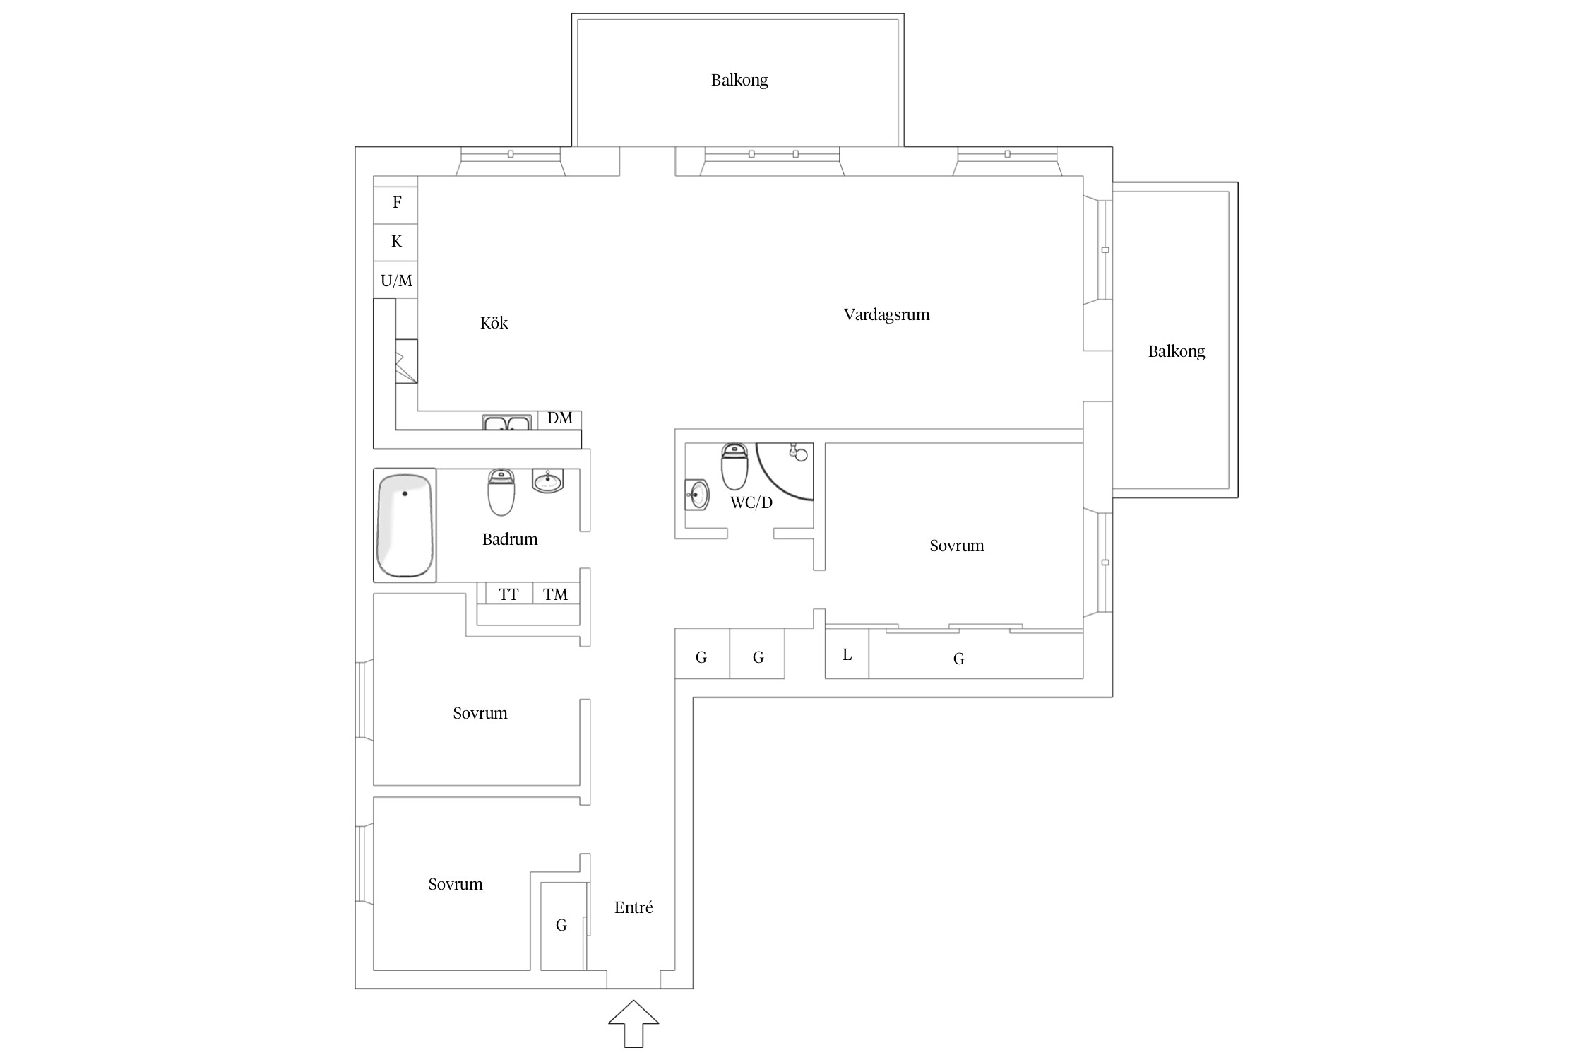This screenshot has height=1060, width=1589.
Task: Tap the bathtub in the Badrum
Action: (x=405, y=526)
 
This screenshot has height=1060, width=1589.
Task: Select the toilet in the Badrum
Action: (x=501, y=493)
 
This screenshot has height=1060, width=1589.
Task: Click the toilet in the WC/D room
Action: (x=734, y=466)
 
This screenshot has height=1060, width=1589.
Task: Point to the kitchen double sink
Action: (x=506, y=423)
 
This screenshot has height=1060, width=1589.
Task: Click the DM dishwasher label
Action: (x=560, y=418)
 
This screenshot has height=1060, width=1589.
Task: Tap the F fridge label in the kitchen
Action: (x=397, y=202)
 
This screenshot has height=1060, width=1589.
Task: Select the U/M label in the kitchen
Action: (x=396, y=281)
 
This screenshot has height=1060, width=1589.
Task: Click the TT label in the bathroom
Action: (x=508, y=594)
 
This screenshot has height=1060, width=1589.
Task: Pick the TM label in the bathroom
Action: (x=555, y=594)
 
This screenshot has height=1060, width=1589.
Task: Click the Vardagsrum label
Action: (x=886, y=314)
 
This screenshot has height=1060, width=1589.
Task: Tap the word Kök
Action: (x=494, y=323)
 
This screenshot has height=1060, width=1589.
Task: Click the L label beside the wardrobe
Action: (x=847, y=655)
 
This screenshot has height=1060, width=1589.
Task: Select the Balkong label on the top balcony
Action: (x=739, y=80)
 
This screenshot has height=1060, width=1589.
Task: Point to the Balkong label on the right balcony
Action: (x=1177, y=351)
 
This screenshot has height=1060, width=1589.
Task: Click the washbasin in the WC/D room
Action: (x=696, y=495)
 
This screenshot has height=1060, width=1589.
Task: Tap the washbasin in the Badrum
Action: (x=548, y=481)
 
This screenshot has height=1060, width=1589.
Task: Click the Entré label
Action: (x=633, y=907)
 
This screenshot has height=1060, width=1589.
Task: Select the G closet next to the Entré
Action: (x=561, y=925)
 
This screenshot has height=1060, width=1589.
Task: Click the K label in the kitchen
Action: (x=396, y=241)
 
